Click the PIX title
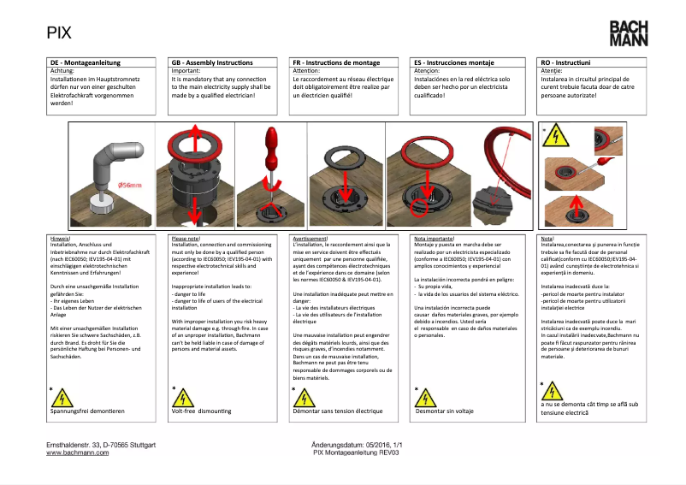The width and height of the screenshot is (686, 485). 59,33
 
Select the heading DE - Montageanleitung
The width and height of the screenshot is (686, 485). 85,63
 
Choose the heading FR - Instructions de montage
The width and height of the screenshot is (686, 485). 336,63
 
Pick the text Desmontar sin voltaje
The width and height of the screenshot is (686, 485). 444,411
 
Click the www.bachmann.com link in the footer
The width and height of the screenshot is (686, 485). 77,453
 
